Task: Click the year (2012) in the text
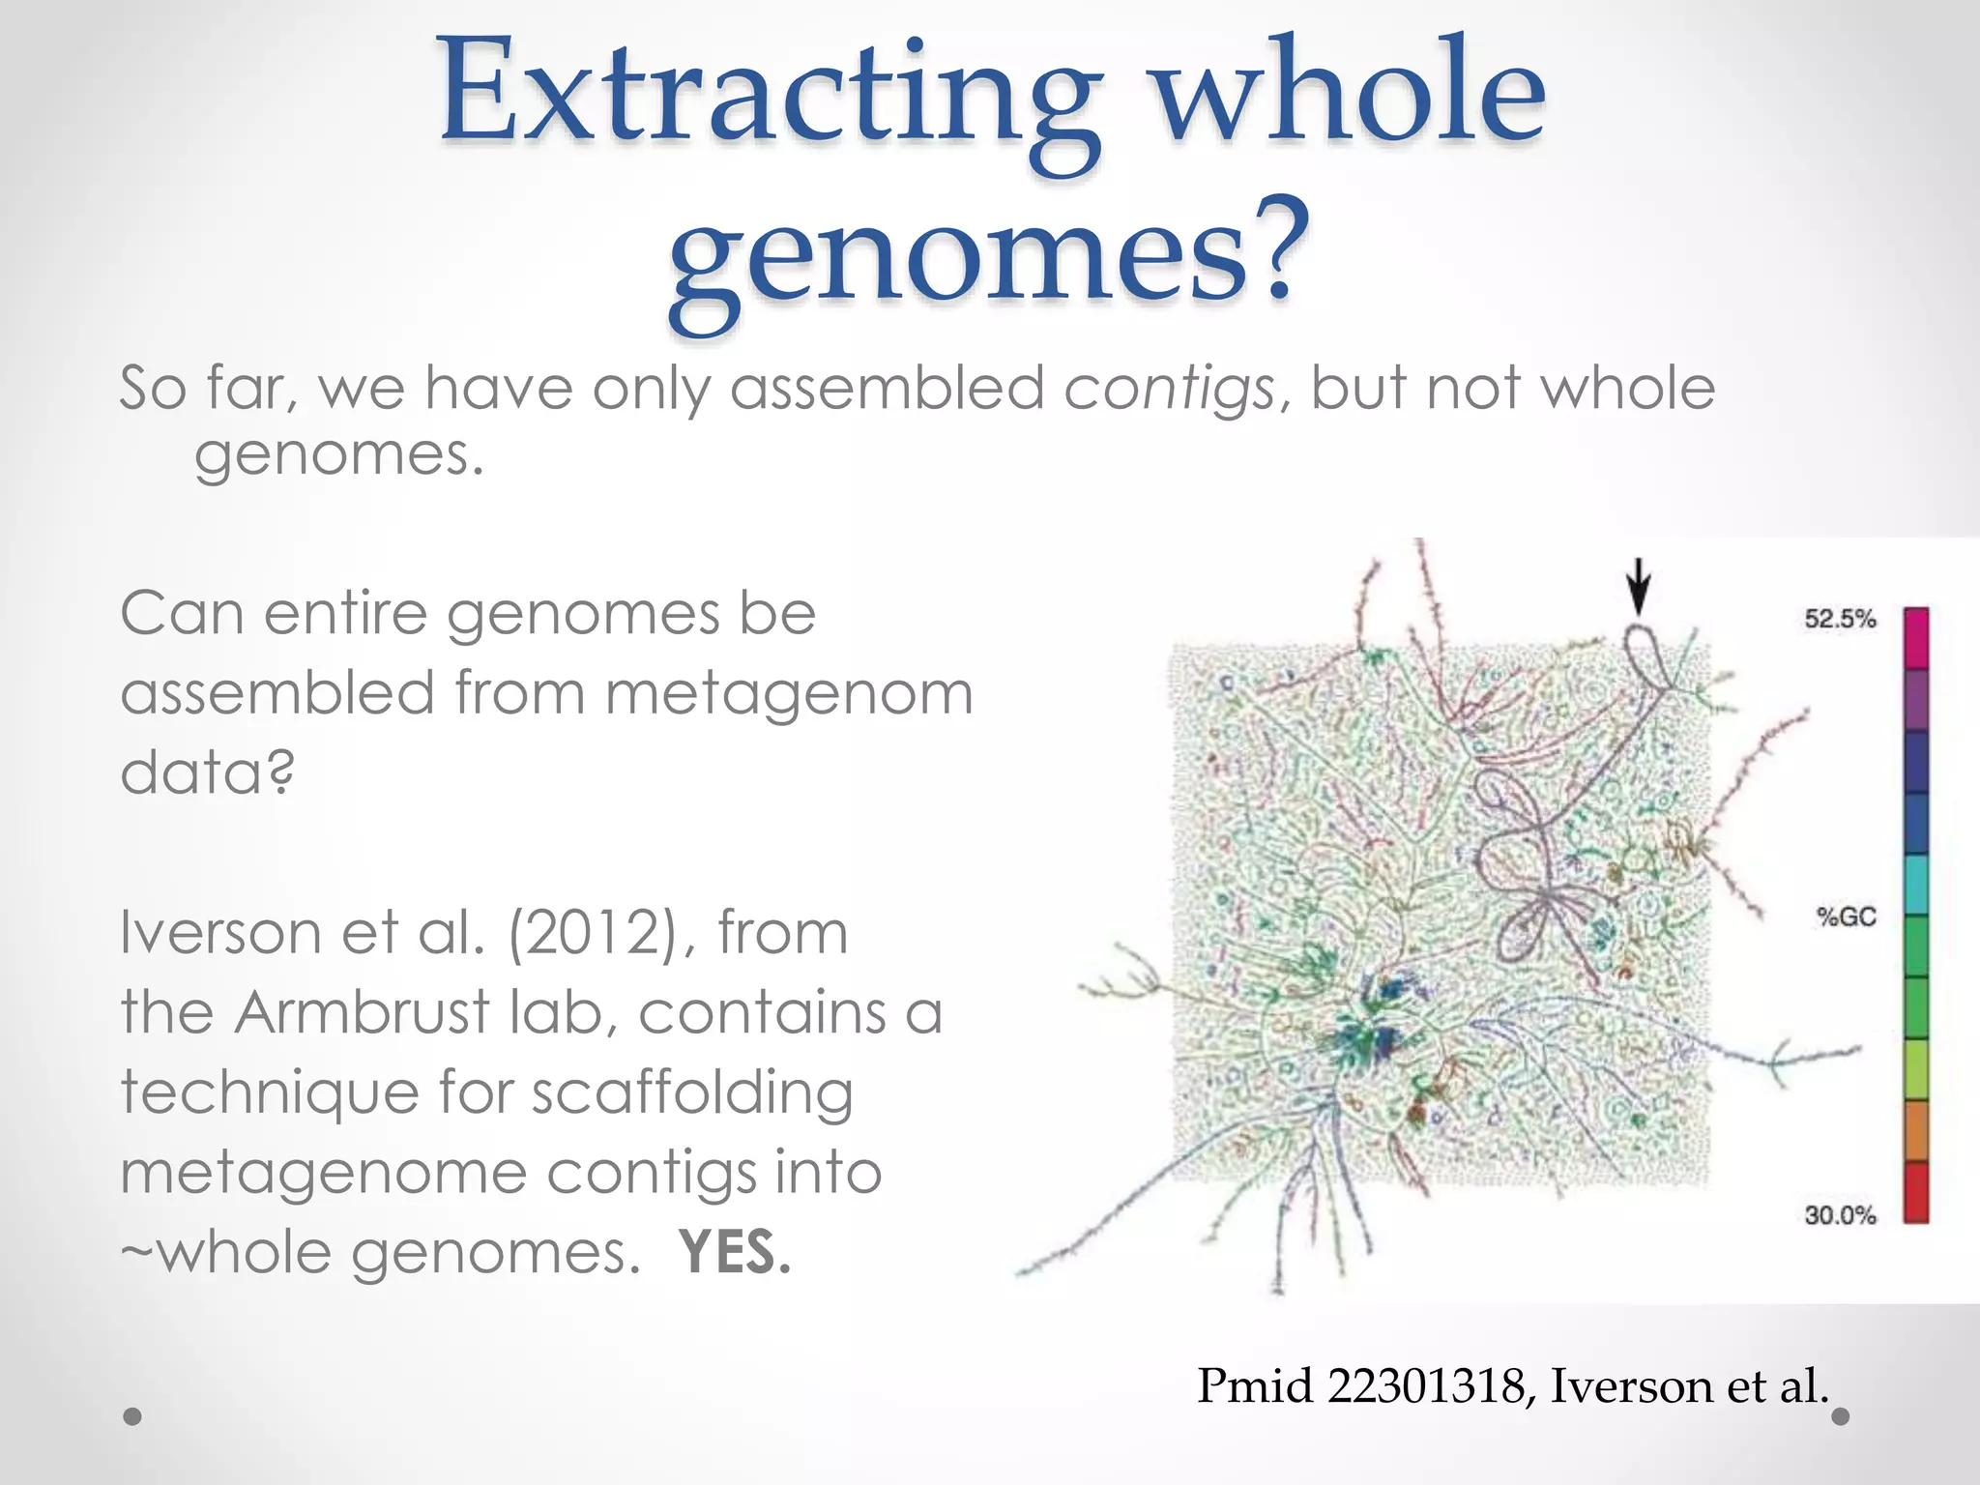pos(600,934)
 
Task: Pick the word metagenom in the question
pos(788,694)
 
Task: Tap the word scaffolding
pos(692,1093)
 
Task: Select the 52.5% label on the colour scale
pos(1840,619)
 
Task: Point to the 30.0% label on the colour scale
pos(1840,1215)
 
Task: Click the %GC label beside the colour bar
pos(1846,917)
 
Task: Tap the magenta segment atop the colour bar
pos(1915,637)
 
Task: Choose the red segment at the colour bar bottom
pos(1915,1192)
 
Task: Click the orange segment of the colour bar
pos(1915,1131)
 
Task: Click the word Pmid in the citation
pos(1256,1386)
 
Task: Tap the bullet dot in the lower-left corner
pos(133,1417)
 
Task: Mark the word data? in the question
pos(207,773)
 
